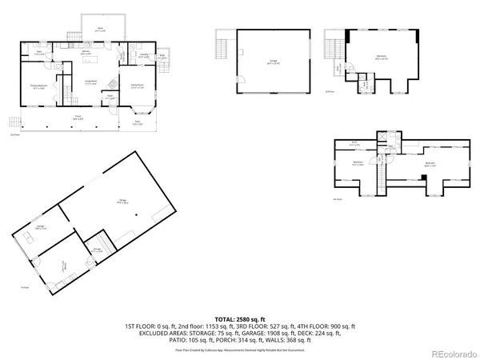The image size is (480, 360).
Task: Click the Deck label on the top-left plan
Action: (101, 29)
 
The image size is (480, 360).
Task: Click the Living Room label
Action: (91, 82)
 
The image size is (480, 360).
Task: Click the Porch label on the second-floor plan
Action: (78, 118)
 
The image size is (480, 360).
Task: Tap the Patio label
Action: (137, 123)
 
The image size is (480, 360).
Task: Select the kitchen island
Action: (96, 60)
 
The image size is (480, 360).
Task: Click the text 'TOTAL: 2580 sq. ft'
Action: (240, 319)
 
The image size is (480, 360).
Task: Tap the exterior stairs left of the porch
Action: (14, 123)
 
